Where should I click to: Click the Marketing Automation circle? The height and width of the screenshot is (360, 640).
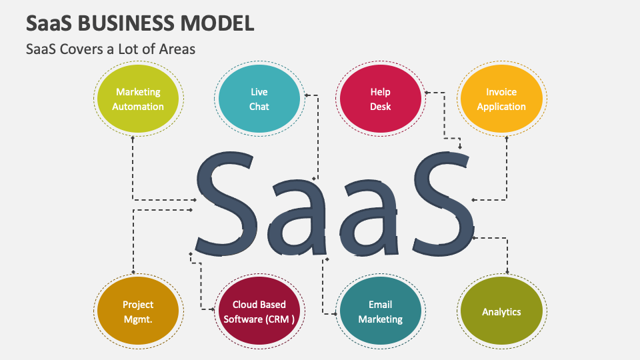[138, 99]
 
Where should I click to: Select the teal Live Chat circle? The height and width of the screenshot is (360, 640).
[259, 99]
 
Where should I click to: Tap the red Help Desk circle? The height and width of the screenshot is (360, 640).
[381, 99]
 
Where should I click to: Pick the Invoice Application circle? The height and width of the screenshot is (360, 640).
[501, 99]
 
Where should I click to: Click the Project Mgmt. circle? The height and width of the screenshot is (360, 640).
[138, 311]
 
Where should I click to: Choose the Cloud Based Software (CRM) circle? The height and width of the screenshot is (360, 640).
[259, 311]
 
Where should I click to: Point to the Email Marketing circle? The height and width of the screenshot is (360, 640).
[381, 311]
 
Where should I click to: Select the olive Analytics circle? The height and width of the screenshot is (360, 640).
[501, 311]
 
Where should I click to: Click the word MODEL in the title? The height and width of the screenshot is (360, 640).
[217, 23]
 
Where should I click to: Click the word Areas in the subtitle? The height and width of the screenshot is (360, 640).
[177, 49]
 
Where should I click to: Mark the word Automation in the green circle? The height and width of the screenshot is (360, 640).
[138, 107]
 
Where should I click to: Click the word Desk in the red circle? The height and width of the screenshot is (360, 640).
[381, 107]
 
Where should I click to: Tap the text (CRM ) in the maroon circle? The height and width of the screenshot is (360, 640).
[281, 319]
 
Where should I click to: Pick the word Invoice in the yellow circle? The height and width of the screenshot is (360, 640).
[501, 92]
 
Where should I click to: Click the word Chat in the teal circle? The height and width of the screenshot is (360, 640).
[259, 107]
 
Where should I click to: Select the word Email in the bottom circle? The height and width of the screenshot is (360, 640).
[381, 305]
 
